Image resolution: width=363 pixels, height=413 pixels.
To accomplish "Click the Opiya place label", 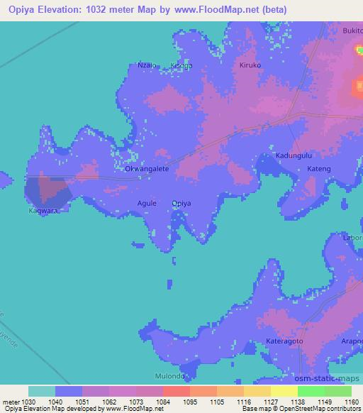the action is click(181, 203).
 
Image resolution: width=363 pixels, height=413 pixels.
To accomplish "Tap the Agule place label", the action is click(147, 203).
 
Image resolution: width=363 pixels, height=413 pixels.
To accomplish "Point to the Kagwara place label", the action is click(43, 211).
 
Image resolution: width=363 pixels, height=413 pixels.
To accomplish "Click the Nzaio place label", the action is click(138, 65).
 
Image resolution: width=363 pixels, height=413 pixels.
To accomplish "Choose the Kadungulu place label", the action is click(294, 155).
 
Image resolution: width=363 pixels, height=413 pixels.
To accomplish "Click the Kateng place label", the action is click(319, 169).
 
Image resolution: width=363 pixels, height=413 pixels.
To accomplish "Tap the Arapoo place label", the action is click(352, 341).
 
